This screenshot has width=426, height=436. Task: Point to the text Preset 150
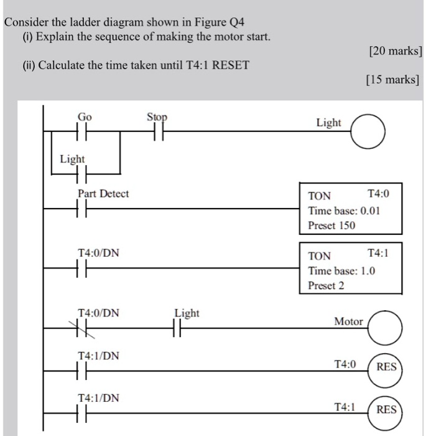click(x=332, y=225)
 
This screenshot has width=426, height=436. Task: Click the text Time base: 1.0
click(x=342, y=271)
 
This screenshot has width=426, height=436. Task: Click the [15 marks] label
click(x=393, y=80)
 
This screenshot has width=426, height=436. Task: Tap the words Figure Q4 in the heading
click(x=220, y=23)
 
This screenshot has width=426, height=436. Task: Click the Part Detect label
click(x=103, y=194)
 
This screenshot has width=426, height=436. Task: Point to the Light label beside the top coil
click(x=328, y=123)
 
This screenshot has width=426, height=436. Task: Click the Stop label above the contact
click(x=157, y=117)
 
